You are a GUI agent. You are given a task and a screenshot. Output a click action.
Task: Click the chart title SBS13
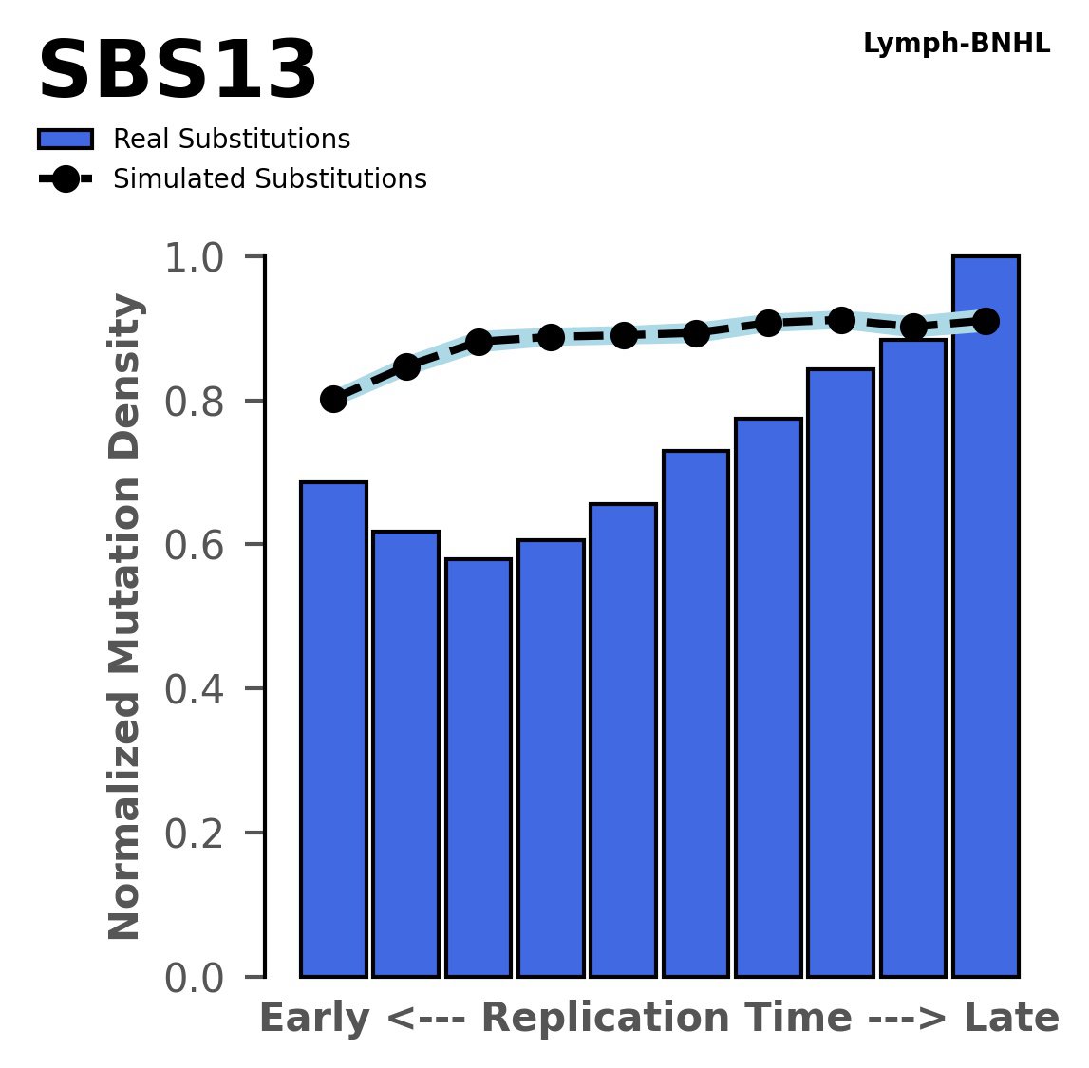point(177,72)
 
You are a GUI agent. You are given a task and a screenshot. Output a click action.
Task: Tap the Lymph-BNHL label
point(956,44)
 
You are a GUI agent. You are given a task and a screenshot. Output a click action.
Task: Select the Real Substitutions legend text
point(232,140)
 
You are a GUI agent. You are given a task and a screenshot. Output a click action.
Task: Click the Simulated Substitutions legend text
point(270,179)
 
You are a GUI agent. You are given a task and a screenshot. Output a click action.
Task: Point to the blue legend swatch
point(66,140)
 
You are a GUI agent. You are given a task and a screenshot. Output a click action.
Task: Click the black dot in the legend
point(66,179)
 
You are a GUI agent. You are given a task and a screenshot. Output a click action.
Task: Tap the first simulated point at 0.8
point(333,399)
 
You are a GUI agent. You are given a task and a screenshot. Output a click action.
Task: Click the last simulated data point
point(986,321)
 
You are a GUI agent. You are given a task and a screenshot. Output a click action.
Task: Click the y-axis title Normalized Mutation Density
point(125,617)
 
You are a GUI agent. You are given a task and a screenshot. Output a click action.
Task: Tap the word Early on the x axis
point(314,1019)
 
